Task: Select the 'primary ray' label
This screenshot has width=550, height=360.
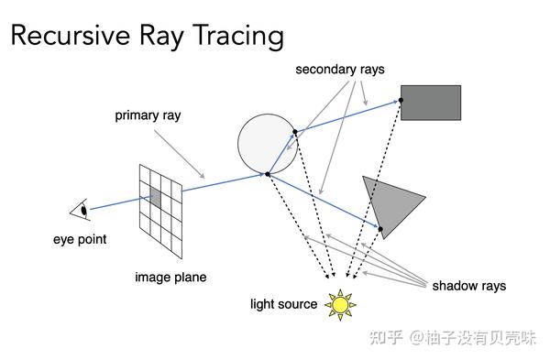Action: click(x=147, y=116)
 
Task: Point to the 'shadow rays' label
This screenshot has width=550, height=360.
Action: click(x=468, y=286)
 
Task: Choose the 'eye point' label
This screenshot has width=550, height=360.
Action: click(x=79, y=239)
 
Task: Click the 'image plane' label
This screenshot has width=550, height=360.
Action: click(x=170, y=277)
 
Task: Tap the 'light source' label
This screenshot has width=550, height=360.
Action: click(x=284, y=304)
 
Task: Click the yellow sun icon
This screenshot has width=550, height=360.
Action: click(x=341, y=303)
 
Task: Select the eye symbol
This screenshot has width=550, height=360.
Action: click(x=81, y=210)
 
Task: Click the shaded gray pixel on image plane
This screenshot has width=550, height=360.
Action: click(x=155, y=197)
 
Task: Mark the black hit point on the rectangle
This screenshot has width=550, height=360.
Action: click(x=401, y=101)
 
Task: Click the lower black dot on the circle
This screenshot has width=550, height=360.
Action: click(x=267, y=173)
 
